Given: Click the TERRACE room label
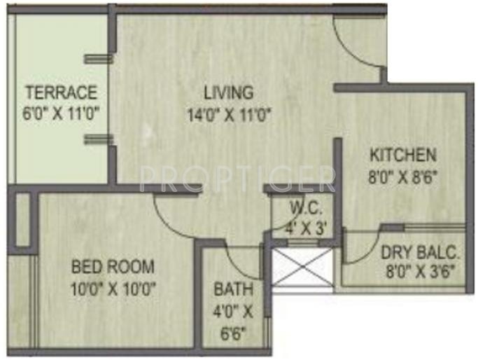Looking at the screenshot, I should (x=61, y=93).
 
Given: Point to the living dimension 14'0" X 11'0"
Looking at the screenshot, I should (x=228, y=113).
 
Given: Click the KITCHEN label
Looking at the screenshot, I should (x=403, y=155).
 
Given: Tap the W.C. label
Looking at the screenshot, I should (x=305, y=208).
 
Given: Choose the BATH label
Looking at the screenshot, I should (x=234, y=289).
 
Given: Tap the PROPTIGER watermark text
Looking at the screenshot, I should (x=237, y=178).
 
